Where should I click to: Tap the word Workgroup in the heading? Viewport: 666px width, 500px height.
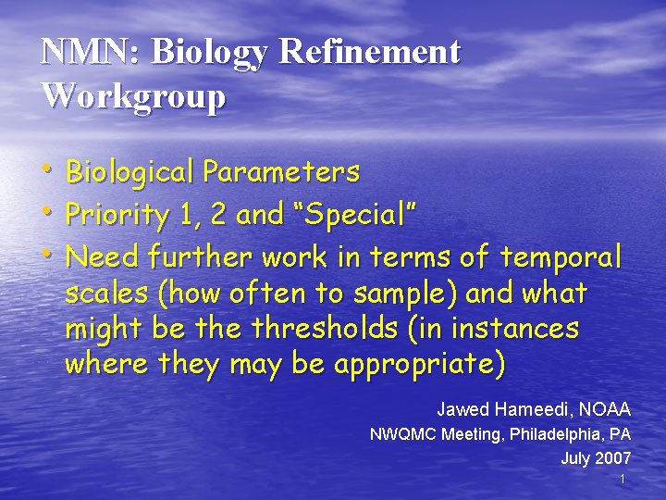tap(133, 95)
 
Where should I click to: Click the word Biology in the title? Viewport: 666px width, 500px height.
tap(210, 54)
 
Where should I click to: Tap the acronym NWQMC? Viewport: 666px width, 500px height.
tap(404, 433)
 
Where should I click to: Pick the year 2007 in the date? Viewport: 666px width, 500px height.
tap(613, 457)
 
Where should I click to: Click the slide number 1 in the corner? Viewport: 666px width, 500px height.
tap(623, 479)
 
